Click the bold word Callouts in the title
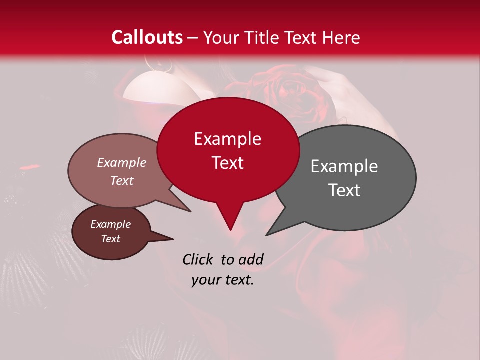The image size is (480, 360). [147, 37]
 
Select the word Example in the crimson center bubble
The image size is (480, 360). [227, 139]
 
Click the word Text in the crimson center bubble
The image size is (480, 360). [227, 163]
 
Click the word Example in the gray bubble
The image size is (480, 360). [344, 166]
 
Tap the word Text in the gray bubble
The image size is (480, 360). [344, 190]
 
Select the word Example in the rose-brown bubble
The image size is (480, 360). [121, 162]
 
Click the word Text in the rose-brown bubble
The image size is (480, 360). [121, 180]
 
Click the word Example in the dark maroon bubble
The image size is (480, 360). [110, 224]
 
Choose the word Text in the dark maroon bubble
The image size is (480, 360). [110, 239]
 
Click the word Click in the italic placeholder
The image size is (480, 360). [199, 259]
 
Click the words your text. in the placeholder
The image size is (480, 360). [223, 280]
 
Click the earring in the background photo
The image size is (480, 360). [159, 64]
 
